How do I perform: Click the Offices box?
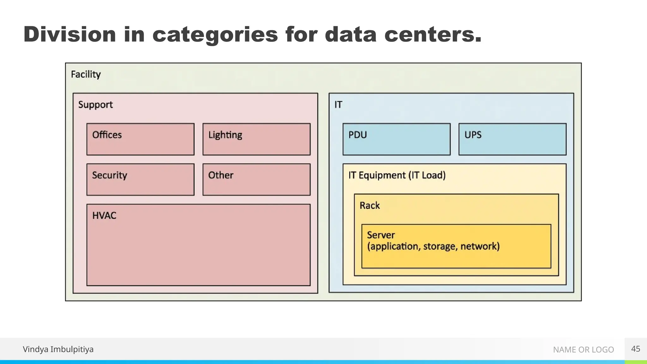(x=140, y=139)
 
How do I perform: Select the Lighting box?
(x=256, y=139)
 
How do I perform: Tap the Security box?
(x=140, y=179)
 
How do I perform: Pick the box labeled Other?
(x=256, y=179)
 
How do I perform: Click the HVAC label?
(x=104, y=215)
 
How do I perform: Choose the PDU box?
(x=396, y=139)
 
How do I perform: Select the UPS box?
(x=512, y=139)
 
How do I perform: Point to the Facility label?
(x=86, y=75)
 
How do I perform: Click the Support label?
(x=95, y=105)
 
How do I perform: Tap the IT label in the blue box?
(x=338, y=105)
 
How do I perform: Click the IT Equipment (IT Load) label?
(x=397, y=175)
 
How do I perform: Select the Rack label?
(x=370, y=205)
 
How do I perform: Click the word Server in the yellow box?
(x=381, y=235)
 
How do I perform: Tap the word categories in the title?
(x=215, y=35)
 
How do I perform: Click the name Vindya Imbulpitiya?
(x=58, y=349)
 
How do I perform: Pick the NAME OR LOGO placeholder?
(x=583, y=349)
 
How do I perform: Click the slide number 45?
(x=635, y=349)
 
